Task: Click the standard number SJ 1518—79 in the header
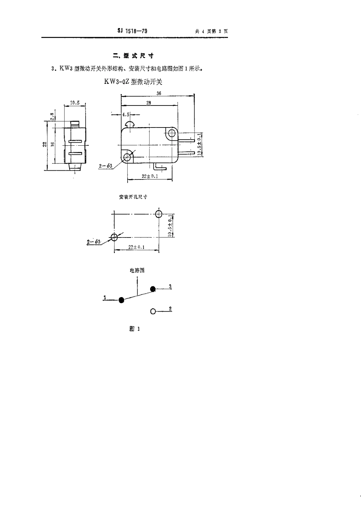(132, 31)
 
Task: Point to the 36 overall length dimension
(159, 93)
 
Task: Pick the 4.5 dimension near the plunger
(126, 114)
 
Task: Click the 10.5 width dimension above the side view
(74, 103)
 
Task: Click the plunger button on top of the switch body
(130, 124)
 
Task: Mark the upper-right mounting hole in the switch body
(172, 133)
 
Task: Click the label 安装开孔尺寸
(133, 197)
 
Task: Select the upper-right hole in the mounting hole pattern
(159, 214)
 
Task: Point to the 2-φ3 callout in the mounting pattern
(93, 242)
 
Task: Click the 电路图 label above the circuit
(137, 270)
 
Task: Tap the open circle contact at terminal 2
(153, 311)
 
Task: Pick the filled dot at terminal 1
(121, 300)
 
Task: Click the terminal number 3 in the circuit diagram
(170, 286)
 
